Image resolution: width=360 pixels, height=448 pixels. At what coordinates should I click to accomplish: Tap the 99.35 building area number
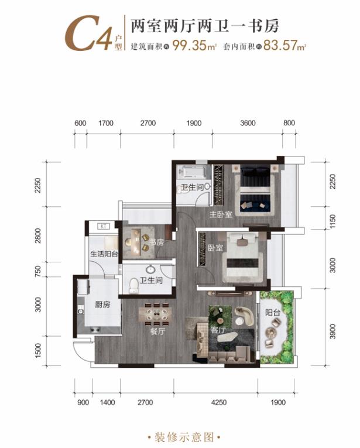pyautogui.click(x=190, y=45)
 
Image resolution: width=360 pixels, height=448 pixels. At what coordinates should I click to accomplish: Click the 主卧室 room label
pyautogui.click(x=221, y=214)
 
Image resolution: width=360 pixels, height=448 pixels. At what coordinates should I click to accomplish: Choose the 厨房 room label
pyautogui.click(x=102, y=305)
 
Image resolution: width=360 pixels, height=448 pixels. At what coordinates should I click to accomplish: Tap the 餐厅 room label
pyautogui.click(x=157, y=331)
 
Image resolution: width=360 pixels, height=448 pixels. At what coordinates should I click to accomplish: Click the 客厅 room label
pyautogui.click(x=218, y=330)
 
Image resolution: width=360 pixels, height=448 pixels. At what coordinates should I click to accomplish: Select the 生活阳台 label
pyautogui.click(x=104, y=254)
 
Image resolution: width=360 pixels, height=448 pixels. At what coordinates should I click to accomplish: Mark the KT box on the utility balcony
pyautogui.click(x=103, y=226)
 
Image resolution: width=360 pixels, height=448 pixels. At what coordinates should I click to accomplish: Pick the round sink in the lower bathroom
pyautogui.click(x=150, y=269)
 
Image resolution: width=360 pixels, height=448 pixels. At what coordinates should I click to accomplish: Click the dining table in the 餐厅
pyautogui.click(x=156, y=314)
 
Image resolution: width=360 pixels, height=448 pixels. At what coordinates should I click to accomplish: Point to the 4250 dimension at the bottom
pyautogui.click(x=219, y=402)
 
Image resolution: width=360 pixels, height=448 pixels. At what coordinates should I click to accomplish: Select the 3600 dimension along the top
pyautogui.click(x=248, y=123)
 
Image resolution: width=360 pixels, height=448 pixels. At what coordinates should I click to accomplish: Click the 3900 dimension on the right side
pyautogui.click(x=332, y=331)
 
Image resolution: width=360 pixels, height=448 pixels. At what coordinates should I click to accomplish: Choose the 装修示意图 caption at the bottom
pyautogui.click(x=184, y=437)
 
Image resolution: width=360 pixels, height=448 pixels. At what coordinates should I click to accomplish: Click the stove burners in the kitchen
pyautogui.click(x=95, y=330)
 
